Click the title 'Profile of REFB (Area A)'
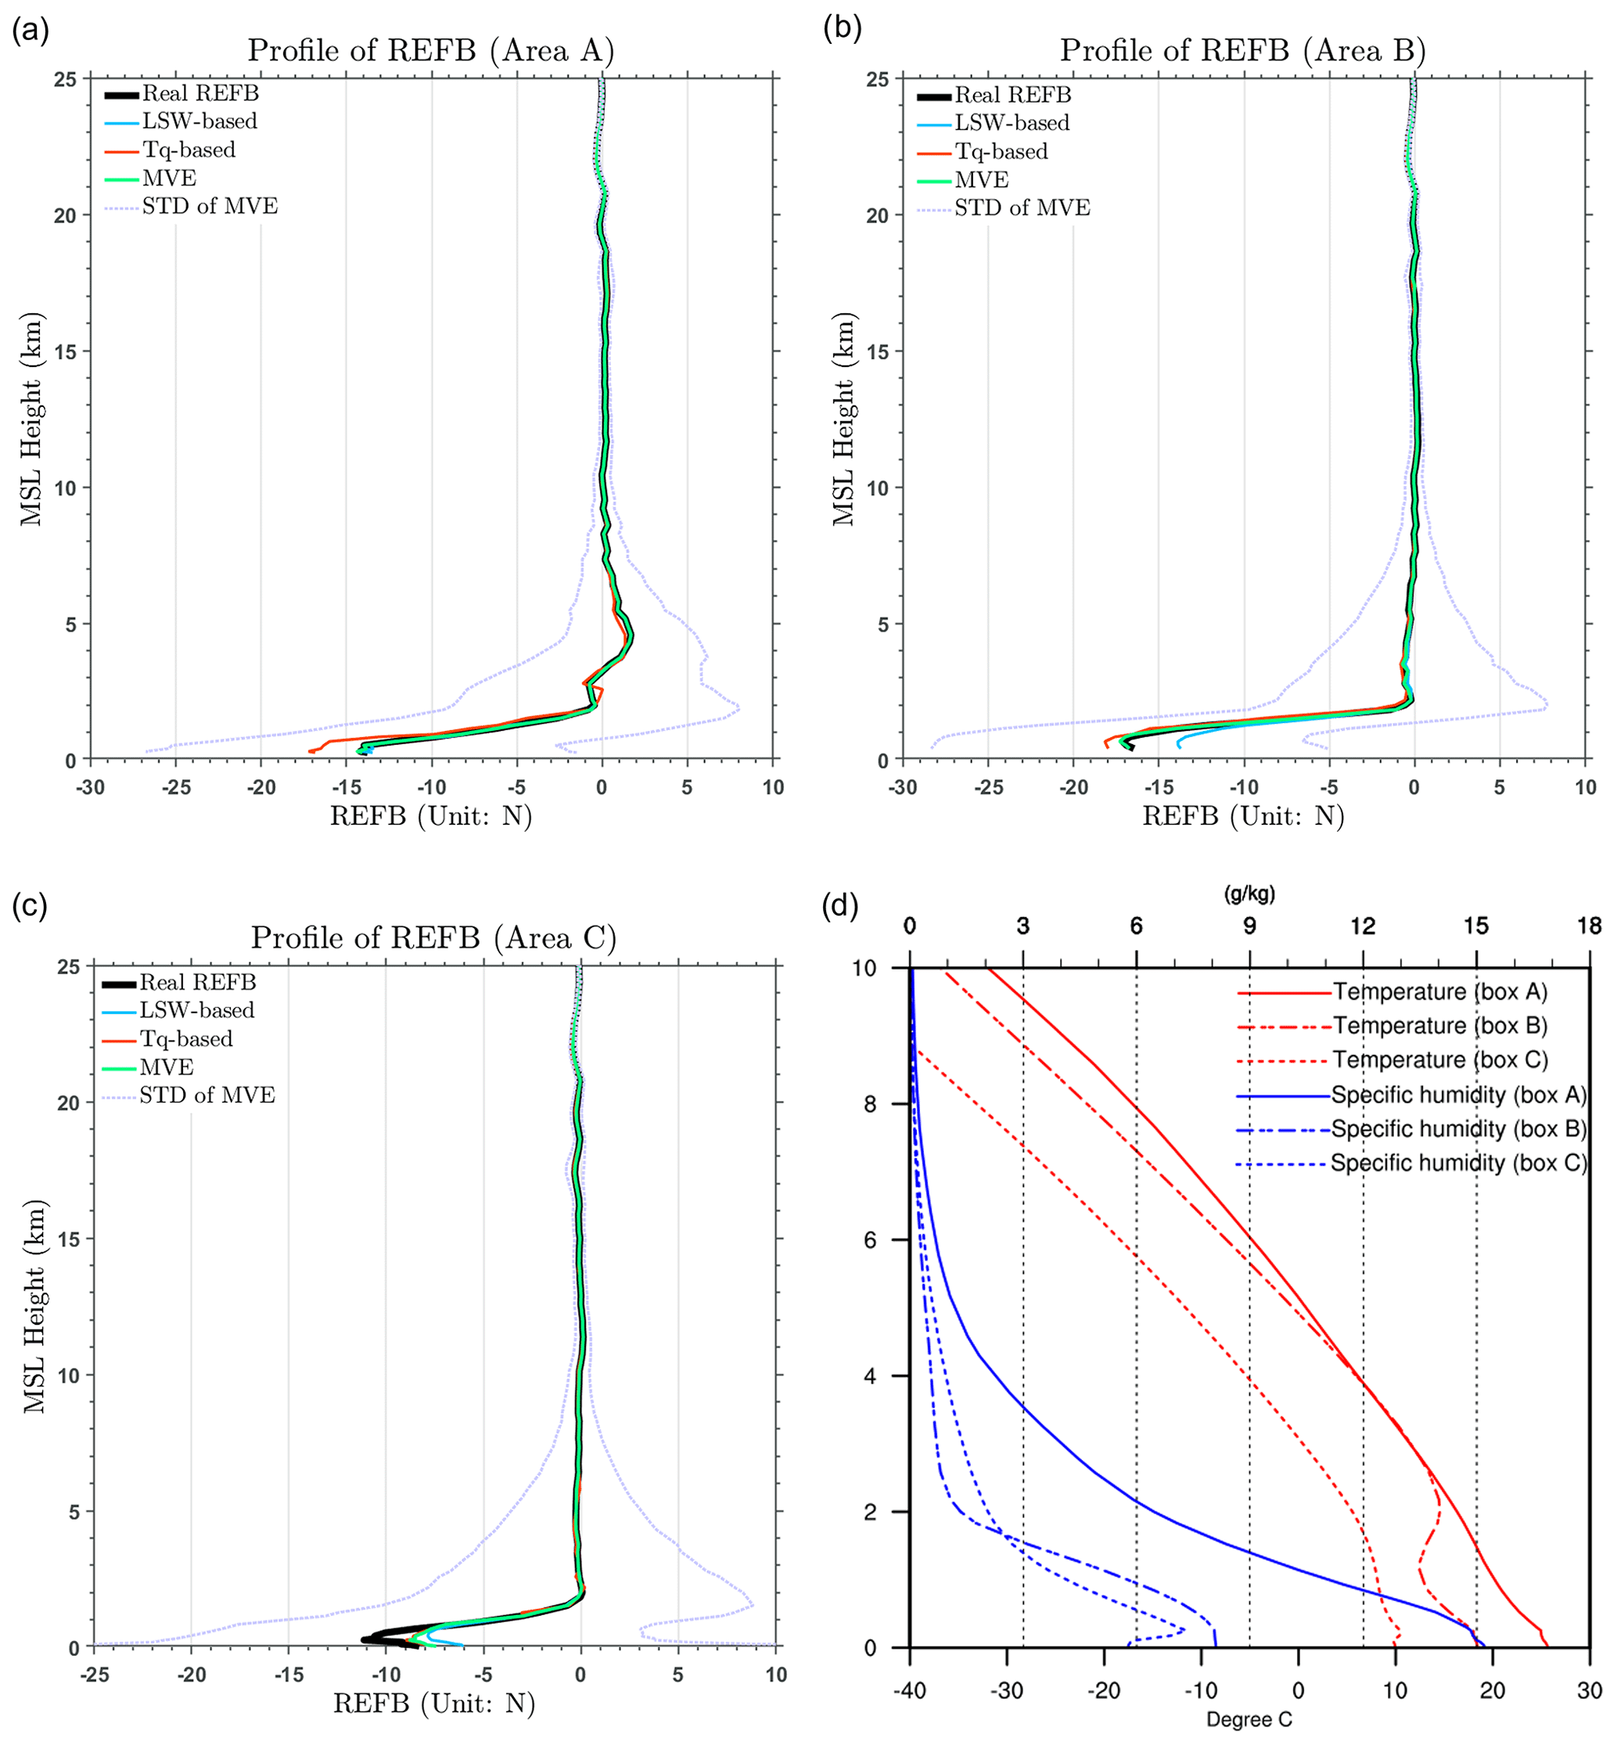click(x=430, y=51)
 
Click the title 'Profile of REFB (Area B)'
click(x=1242, y=51)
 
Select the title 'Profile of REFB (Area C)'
click(x=433, y=938)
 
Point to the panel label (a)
click(x=30, y=31)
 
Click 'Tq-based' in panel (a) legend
click(x=189, y=149)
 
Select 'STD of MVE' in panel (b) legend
click(x=1022, y=208)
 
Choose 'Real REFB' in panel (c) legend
click(x=198, y=983)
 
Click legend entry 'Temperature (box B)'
click(x=1439, y=1026)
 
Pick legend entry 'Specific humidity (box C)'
click(x=1457, y=1163)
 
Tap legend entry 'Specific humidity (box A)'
click(x=1457, y=1095)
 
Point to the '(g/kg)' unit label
click(x=1249, y=894)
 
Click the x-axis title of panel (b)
click(x=1242, y=816)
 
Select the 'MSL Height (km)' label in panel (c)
click(x=34, y=1307)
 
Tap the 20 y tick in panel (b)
click(x=877, y=215)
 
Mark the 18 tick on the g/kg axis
click(x=1589, y=926)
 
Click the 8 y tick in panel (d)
click(x=870, y=1104)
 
